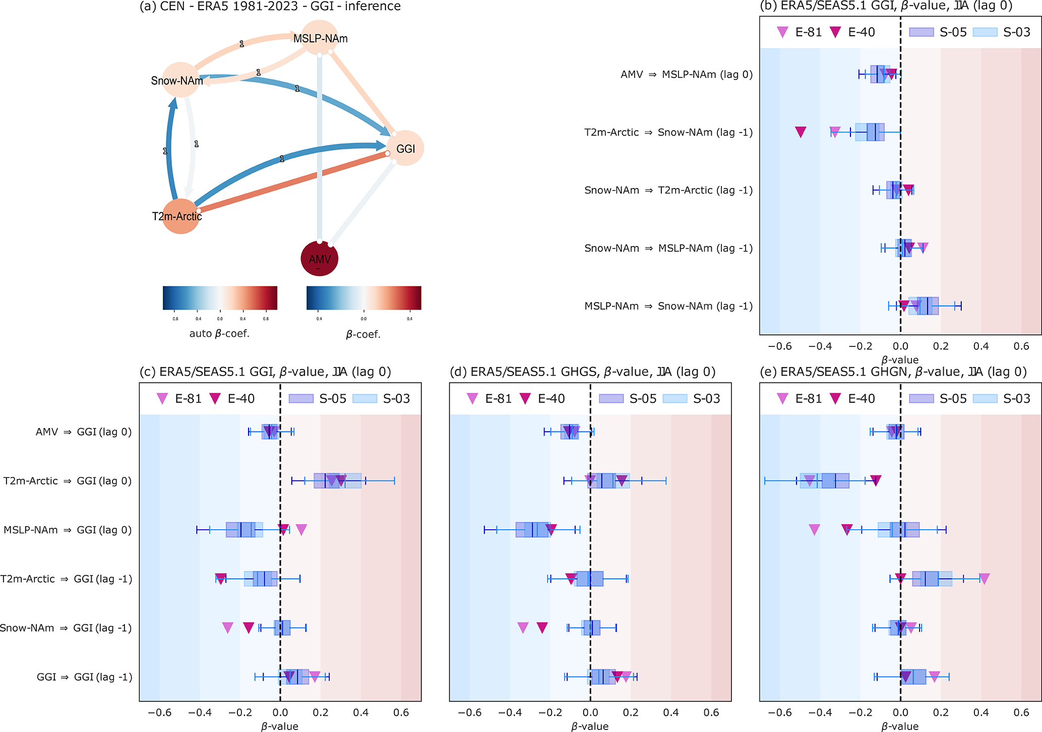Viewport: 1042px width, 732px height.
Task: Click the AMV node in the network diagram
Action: click(x=319, y=259)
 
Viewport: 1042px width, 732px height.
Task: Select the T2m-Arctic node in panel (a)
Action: click(x=180, y=216)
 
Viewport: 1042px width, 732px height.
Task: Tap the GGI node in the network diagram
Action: click(x=405, y=148)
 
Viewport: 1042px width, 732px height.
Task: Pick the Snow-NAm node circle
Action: click(x=179, y=80)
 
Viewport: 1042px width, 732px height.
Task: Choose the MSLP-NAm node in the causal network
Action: click(x=320, y=38)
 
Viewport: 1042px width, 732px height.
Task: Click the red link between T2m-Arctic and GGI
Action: click(x=292, y=182)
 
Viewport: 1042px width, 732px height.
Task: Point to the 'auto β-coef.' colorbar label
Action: click(x=219, y=334)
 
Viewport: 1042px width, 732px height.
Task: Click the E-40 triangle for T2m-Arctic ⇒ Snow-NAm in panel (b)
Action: click(x=801, y=132)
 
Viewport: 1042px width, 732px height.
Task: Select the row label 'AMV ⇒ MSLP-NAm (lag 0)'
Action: click(x=686, y=75)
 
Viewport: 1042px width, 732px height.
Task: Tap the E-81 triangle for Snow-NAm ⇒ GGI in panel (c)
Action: click(x=227, y=628)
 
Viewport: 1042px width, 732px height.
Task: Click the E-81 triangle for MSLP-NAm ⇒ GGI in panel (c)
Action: click(x=301, y=529)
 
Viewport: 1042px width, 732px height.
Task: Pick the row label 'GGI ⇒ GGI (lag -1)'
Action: click(x=84, y=677)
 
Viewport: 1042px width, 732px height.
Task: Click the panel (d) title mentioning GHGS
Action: click(x=582, y=372)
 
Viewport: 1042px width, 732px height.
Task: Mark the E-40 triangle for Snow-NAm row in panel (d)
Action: click(x=542, y=628)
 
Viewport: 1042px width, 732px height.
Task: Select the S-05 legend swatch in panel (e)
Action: click(x=921, y=399)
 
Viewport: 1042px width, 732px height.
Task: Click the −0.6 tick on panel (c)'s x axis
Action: click(x=160, y=713)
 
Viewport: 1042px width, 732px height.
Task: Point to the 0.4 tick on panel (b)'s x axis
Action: click(x=981, y=347)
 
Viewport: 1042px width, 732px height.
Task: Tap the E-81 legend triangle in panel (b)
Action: click(x=782, y=32)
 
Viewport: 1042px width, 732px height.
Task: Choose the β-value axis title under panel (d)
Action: click(x=590, y=726)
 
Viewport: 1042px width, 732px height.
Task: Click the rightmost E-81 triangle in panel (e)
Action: click(x=984, y=579)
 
